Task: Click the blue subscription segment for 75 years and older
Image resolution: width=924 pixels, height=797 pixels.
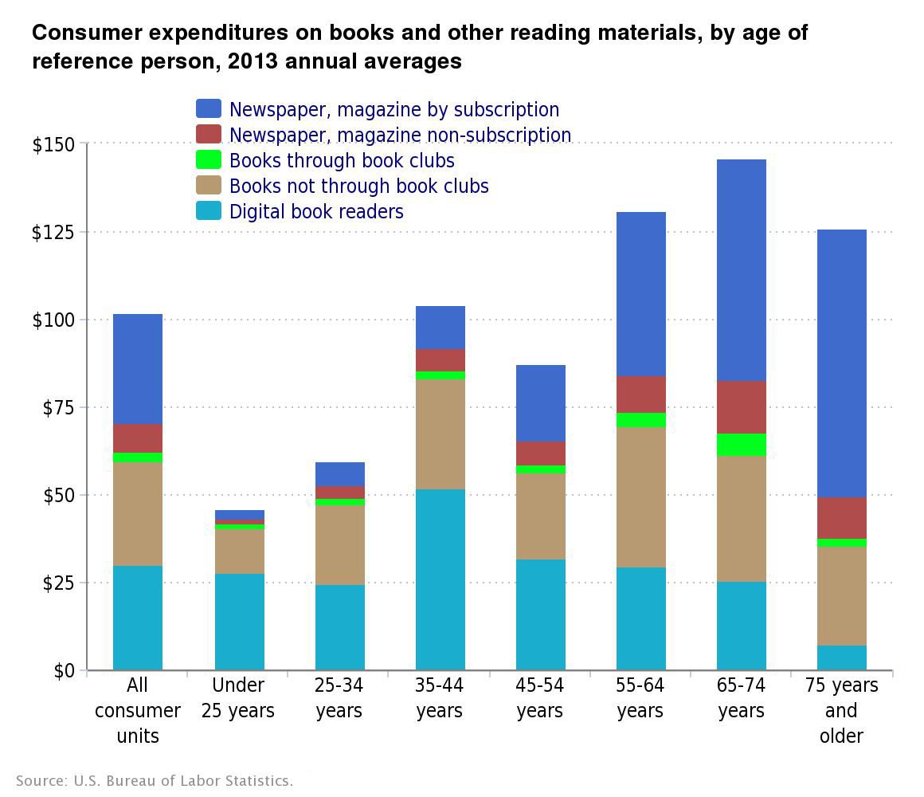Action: tap(841, 363)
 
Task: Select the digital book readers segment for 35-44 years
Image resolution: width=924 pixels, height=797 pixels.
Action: tap(440, 579)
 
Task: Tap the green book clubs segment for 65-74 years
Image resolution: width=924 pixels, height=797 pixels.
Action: tap(741, 445)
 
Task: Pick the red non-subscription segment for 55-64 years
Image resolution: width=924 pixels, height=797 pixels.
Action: tap(640, 395)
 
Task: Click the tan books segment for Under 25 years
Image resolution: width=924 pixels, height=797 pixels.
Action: tap(239, 552)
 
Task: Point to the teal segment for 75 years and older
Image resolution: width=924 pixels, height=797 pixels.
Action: tap(841, 658)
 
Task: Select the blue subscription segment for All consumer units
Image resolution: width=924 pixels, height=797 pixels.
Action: tap(138, 369)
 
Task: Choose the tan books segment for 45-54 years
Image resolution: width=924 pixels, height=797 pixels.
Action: tap(540, 516)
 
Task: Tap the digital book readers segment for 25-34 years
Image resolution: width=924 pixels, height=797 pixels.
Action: tap(339, 627)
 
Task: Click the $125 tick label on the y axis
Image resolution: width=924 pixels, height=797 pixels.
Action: tap(53, 232)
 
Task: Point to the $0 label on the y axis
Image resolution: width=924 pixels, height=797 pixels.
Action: tap(64, 671)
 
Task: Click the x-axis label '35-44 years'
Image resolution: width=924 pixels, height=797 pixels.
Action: tap(440, 698)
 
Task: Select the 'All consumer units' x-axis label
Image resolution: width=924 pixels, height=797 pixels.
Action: tap(138, 710)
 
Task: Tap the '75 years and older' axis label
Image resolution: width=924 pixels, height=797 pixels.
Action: tap(841, 710)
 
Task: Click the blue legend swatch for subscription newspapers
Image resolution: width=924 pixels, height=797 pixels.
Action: tap(209, 109)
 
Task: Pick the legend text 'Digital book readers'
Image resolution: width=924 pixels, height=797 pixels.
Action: tap(316, 211)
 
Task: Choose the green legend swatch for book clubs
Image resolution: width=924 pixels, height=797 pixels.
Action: tap(209, 160)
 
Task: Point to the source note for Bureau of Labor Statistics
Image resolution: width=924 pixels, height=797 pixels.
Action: tap(155, 780)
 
